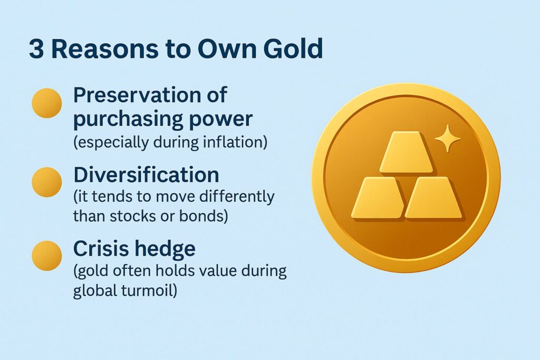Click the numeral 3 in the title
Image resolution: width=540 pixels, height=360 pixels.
[36, 48]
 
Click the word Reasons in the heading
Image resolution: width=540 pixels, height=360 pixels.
[105, 48]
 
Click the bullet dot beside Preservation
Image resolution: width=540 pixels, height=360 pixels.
[47, 103]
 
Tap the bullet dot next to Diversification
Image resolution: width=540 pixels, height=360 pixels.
[47, 182]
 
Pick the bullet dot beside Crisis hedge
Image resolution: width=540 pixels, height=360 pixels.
[47, 256]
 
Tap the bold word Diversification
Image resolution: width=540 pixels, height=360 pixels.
[146, 174]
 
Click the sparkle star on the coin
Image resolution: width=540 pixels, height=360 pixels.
[447, 138]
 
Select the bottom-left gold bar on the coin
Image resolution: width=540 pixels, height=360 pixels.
[378, 198]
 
